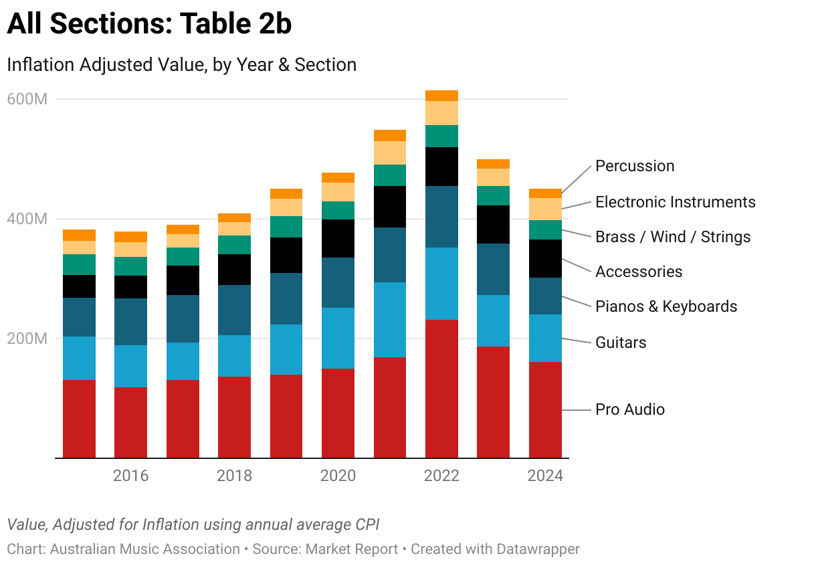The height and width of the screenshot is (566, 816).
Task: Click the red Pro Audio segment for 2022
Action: (441, 388)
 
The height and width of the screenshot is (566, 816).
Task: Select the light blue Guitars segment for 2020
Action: (338, 338)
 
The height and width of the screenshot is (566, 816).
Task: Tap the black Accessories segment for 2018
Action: (234, 270)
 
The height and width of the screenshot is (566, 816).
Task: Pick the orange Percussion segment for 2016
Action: (130, 236)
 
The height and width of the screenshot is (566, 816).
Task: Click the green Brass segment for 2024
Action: (545, 229)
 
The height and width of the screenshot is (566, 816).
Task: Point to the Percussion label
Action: (635, 166)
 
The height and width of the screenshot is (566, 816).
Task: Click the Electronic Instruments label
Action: (676, 202)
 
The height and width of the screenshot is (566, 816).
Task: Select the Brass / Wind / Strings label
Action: (673, 237)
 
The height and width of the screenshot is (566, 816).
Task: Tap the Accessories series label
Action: (639, 272)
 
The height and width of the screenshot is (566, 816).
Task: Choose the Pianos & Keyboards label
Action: (666, 306)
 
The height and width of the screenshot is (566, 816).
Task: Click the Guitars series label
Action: (621, 343)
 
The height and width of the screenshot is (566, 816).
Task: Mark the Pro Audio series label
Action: (630, 409)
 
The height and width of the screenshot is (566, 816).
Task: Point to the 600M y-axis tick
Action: (27, 99)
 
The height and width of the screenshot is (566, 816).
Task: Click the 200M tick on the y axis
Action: (27, 339)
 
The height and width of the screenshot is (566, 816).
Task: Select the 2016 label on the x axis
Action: (130, 476)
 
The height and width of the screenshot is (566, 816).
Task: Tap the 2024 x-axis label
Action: (545, 476)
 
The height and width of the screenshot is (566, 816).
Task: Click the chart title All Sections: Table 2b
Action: (149, 25)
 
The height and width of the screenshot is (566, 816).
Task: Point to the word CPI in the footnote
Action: (374, 525)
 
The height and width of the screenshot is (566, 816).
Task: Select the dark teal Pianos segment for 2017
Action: (183, 318)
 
